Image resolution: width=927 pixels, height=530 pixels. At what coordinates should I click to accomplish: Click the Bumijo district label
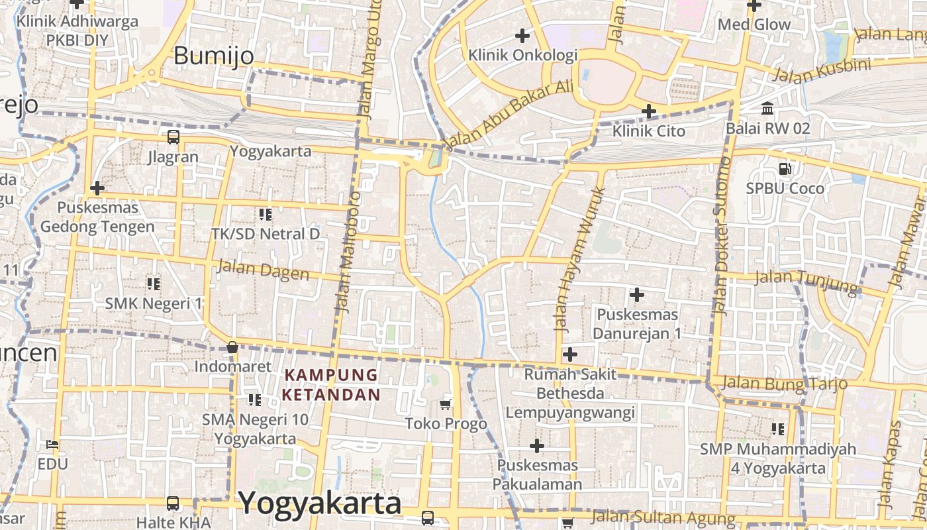(213, 56)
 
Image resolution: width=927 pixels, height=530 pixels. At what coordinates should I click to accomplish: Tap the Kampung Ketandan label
(331, 385)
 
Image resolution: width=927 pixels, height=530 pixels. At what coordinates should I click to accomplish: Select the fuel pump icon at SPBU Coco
(785, 168)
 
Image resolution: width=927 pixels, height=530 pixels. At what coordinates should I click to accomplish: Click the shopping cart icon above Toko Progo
(446, 404)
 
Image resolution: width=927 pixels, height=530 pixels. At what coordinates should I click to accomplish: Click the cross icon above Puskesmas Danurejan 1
(637, 294)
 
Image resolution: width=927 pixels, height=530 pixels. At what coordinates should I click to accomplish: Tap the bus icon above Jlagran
(173, 137)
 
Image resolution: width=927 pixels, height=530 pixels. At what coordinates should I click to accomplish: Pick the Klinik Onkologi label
(523, 55)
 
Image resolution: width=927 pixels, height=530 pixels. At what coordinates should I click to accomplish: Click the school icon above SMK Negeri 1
(154, 284)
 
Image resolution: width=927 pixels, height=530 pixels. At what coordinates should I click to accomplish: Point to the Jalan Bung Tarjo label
(785, 382)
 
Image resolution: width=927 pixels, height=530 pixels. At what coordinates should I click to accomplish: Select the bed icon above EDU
(52, 444)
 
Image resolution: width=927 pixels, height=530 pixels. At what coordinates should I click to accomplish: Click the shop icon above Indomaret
(232, 347)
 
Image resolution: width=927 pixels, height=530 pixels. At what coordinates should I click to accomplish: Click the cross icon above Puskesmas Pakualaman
(537, 446)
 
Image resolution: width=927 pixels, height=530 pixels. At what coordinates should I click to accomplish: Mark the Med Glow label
(754, 25)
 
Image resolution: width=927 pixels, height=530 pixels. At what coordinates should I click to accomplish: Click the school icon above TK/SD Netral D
(266, 214)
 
